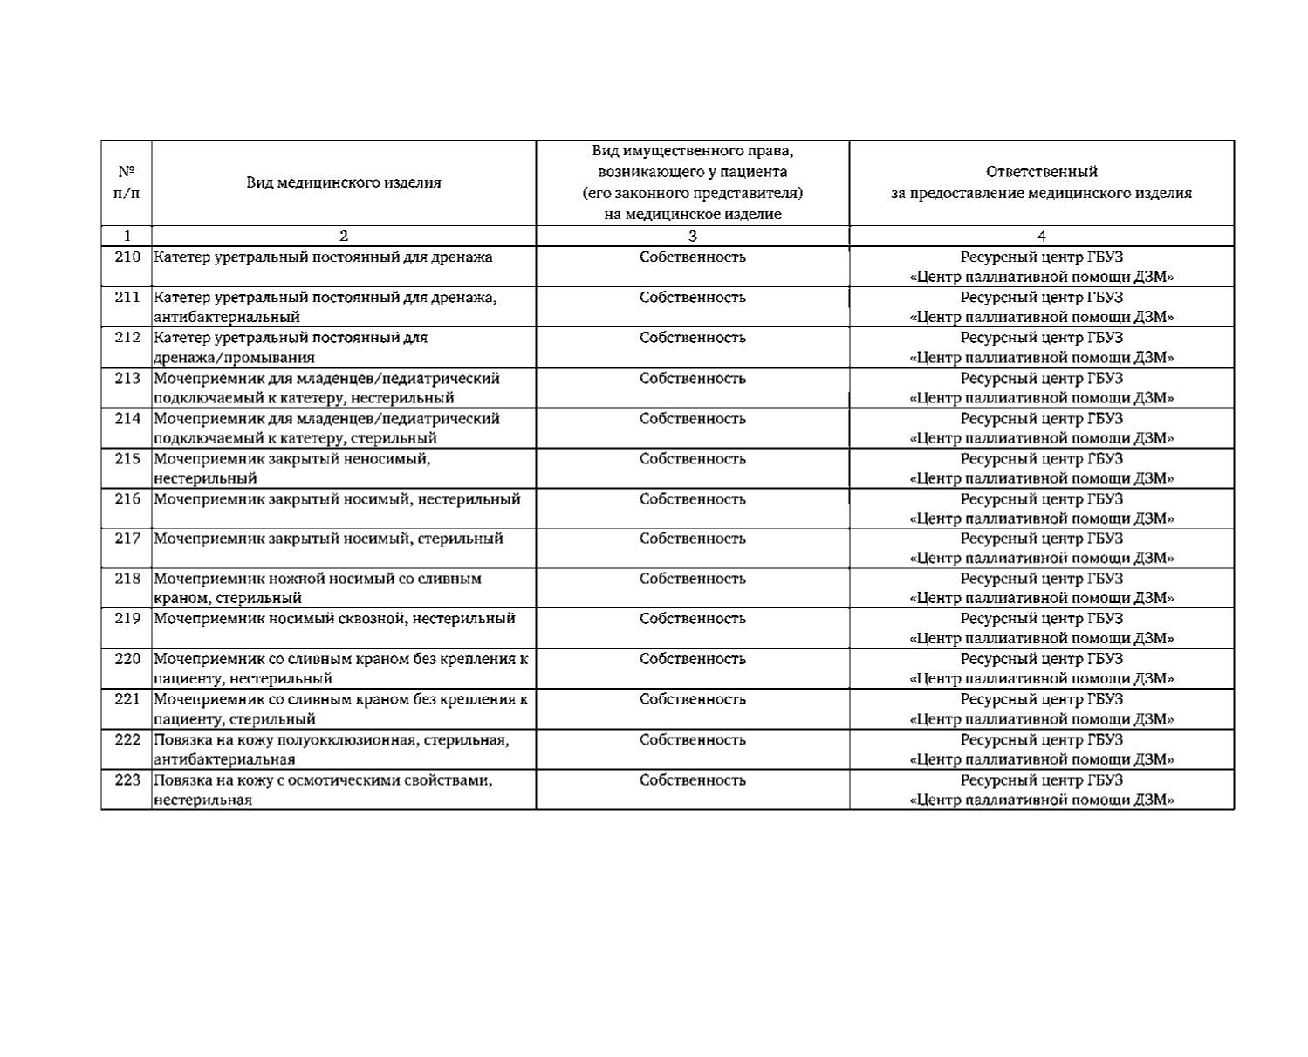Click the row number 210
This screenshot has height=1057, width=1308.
(127, 257)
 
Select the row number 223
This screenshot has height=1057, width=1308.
(127, 780)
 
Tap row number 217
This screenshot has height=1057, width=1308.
(127, 539)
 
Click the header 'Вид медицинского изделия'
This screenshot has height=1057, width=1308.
(343, 182)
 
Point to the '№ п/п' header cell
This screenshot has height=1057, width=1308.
(127, 182)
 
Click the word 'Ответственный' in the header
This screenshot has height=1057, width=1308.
(1041, 172)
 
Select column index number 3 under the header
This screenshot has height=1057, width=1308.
(692, 236)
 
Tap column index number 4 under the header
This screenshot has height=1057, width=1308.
(1041, 236)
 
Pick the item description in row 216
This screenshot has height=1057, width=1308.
(337, 499)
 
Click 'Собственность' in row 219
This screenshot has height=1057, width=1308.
(692, 619)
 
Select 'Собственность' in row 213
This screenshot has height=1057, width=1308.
(692, 379)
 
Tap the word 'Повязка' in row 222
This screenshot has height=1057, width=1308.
(181, 740)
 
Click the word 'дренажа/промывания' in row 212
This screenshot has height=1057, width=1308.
(235, 357)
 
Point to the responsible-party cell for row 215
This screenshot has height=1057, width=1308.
(1041, 469)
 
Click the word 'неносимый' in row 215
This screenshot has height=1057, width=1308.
(390, 459)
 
